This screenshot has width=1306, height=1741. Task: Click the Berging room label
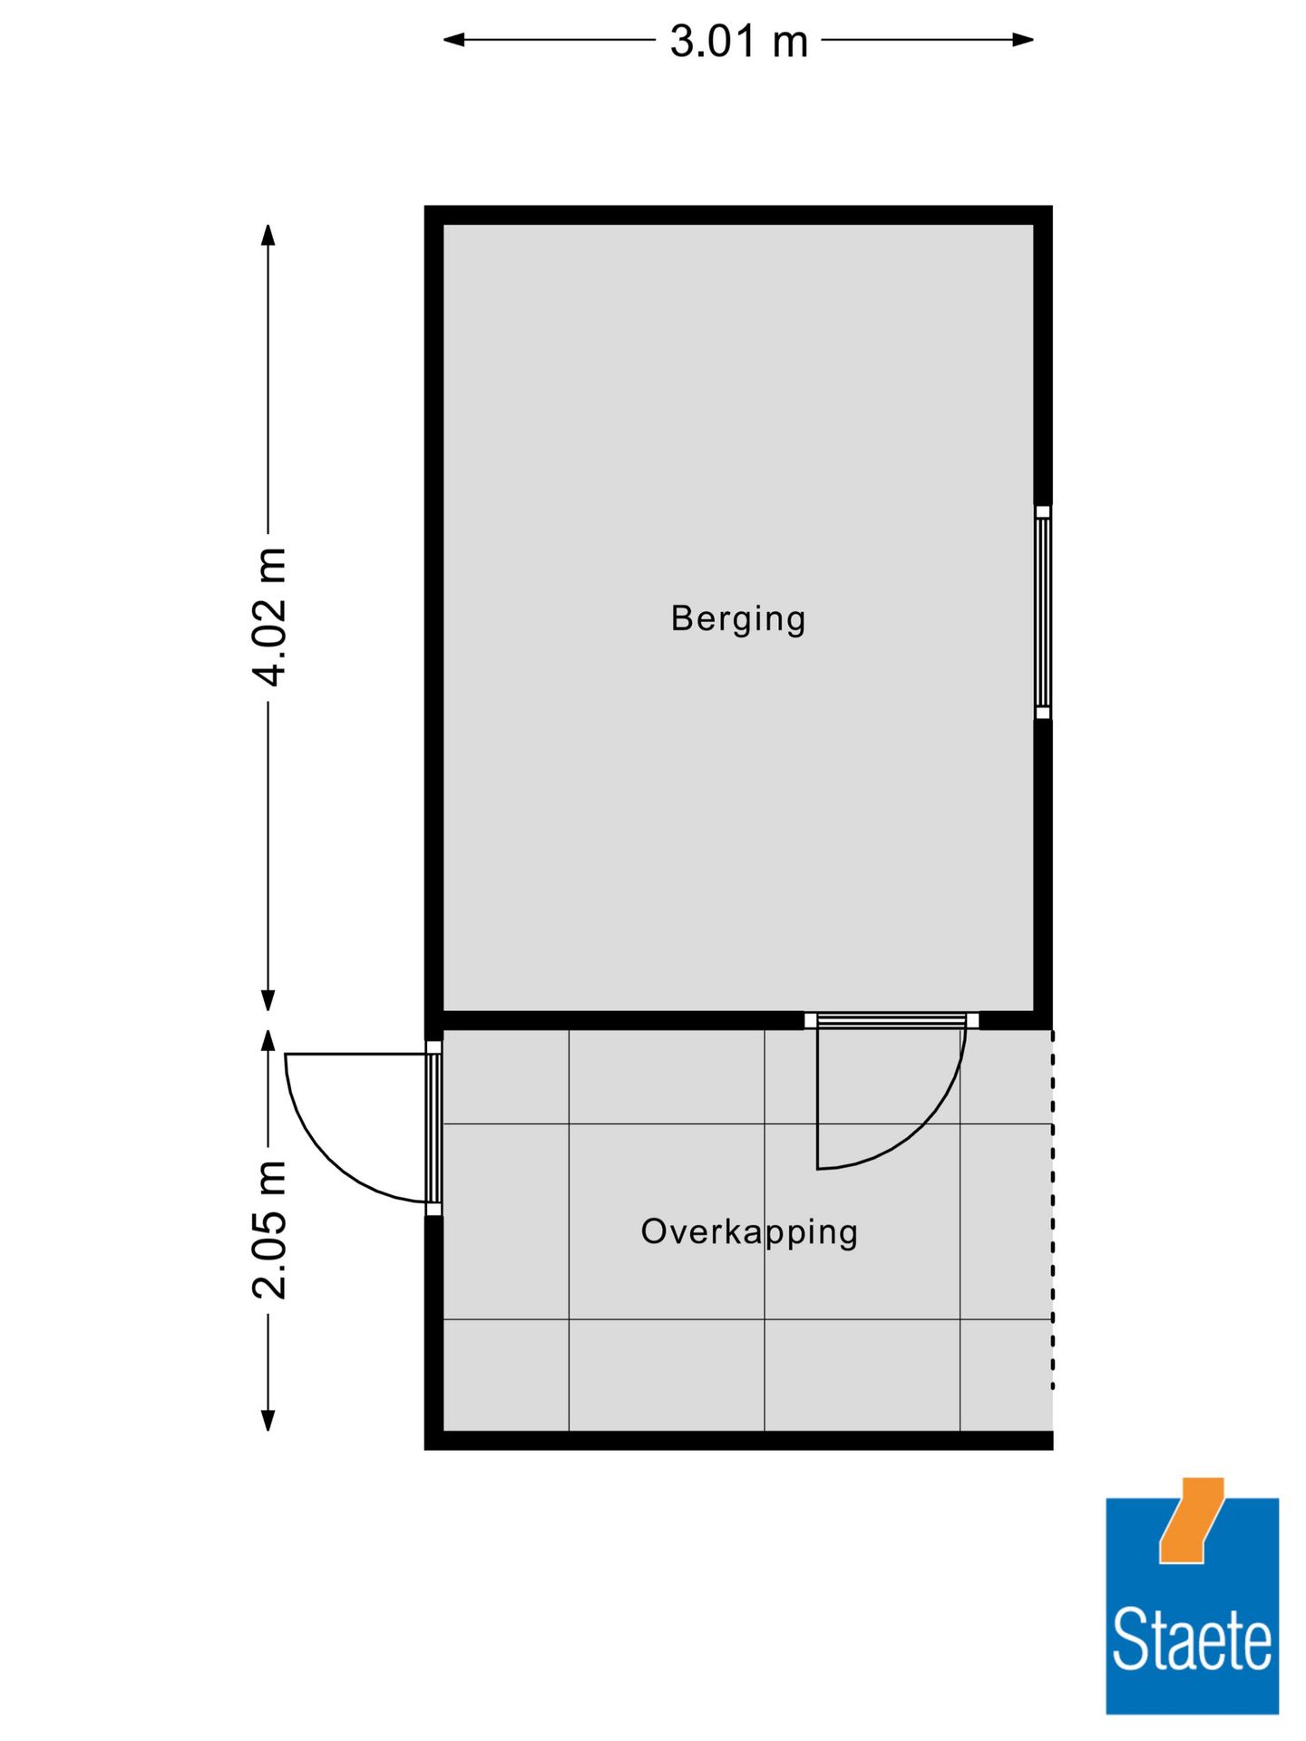[x=737, y=619]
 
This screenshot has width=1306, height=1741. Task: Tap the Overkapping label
[x=748, y=1232]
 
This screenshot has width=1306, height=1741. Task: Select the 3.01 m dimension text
[x=738, y=42]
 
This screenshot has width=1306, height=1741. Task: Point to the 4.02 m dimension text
[x=269, y=617]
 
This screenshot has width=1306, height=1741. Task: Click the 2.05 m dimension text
[x=269, y=1229]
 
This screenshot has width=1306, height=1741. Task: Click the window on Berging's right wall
[x=1043, y=612]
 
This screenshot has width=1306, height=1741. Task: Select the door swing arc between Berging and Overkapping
[x=925, y=1124]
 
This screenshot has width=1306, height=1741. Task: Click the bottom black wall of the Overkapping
[x=738, y=1440]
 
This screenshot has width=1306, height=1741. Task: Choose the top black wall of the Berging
[x=738, y=215]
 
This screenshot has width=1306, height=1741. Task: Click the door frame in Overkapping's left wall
[x=434, y=1127]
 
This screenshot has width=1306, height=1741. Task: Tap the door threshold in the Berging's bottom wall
[x=892, y=1021]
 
